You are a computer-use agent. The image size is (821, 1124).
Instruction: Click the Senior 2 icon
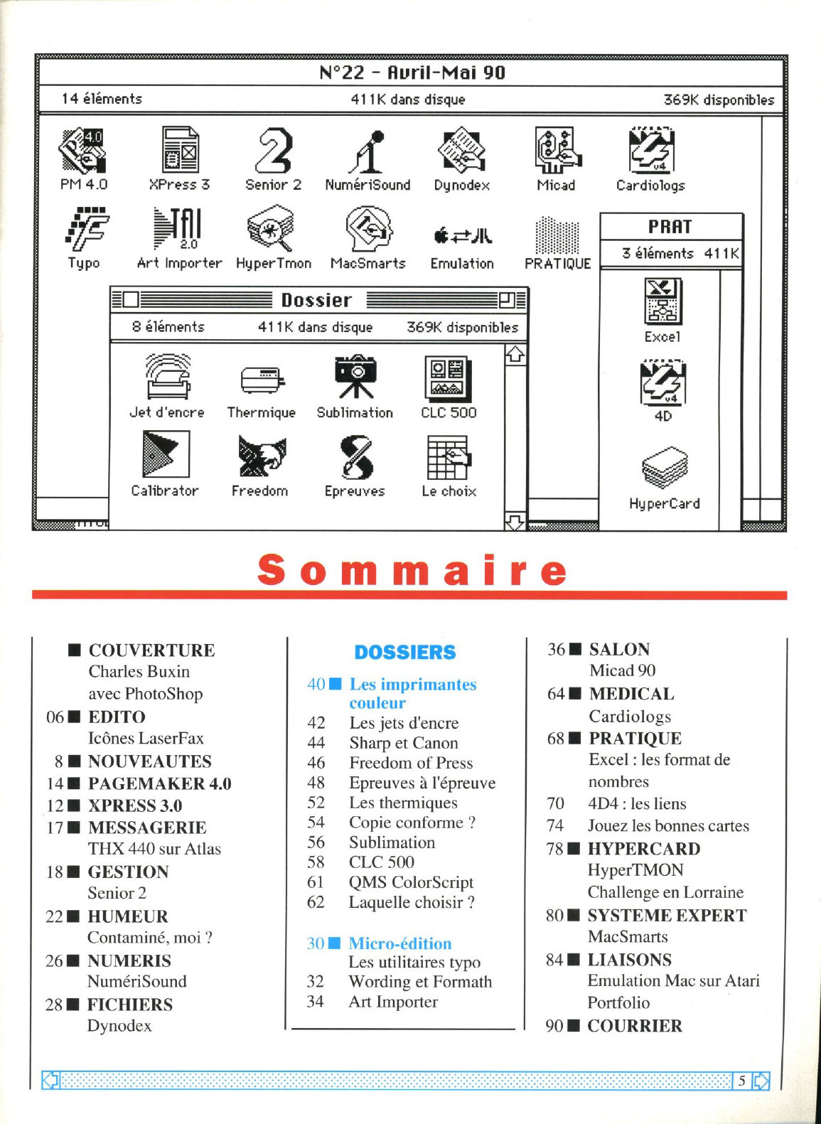[274, 151]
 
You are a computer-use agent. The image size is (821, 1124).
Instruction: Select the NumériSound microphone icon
[368, 152]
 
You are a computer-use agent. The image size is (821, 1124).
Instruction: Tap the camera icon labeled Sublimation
[355, 376]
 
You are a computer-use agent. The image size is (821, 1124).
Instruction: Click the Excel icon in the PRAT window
[662, 301]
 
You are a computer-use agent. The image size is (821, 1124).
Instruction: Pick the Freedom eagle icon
[261, 456]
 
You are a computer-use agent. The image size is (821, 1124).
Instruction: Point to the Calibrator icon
[166, 455]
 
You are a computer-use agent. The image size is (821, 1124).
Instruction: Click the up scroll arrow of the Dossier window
[515, 354]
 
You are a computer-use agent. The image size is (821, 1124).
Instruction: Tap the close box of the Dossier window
[130, 300]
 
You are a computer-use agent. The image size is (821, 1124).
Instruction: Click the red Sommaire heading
[412, 570]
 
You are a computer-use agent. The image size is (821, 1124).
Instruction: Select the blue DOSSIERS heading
[405, 652]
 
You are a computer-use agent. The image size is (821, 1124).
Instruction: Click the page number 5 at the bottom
[741, 1081]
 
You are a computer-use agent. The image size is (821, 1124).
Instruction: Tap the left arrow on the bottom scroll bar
[50, 1081]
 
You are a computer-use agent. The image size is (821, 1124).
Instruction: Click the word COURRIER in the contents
[635, 1026]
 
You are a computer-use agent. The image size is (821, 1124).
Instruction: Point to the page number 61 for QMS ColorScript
[316, 882]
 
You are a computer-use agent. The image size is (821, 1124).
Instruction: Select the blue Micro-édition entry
[400, 943]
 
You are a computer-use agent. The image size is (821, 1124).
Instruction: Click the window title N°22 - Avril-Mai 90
[412, 73]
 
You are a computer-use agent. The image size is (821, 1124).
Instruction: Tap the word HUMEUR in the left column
[128, 916]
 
